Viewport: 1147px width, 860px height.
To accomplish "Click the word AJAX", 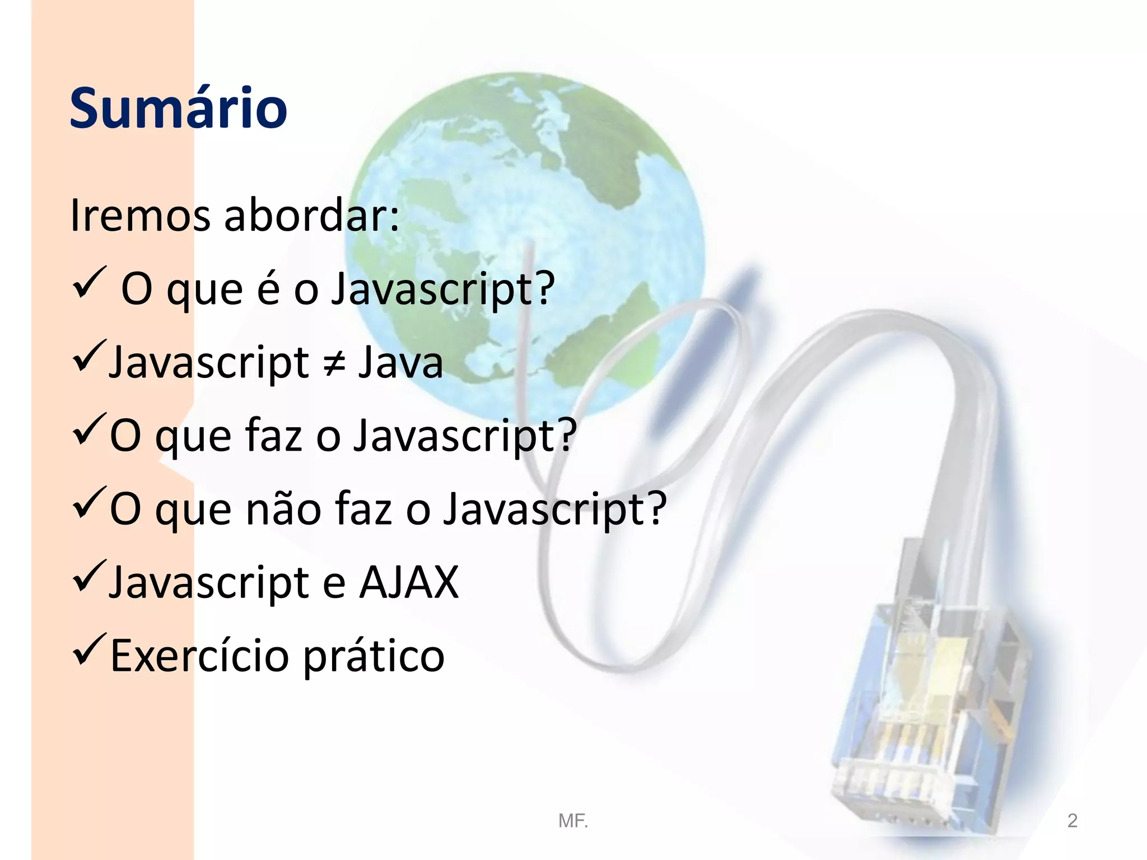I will [x=409, y=582].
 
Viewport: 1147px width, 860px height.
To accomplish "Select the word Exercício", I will [x=199, y=656].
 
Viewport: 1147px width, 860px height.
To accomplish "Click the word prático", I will [x=374, y=657].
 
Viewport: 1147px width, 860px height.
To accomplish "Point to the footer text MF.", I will [x=573, y=821].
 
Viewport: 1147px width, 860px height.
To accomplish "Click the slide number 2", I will [x=1072, y=821].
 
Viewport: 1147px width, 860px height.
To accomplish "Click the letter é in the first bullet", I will [x=269, y=288].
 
